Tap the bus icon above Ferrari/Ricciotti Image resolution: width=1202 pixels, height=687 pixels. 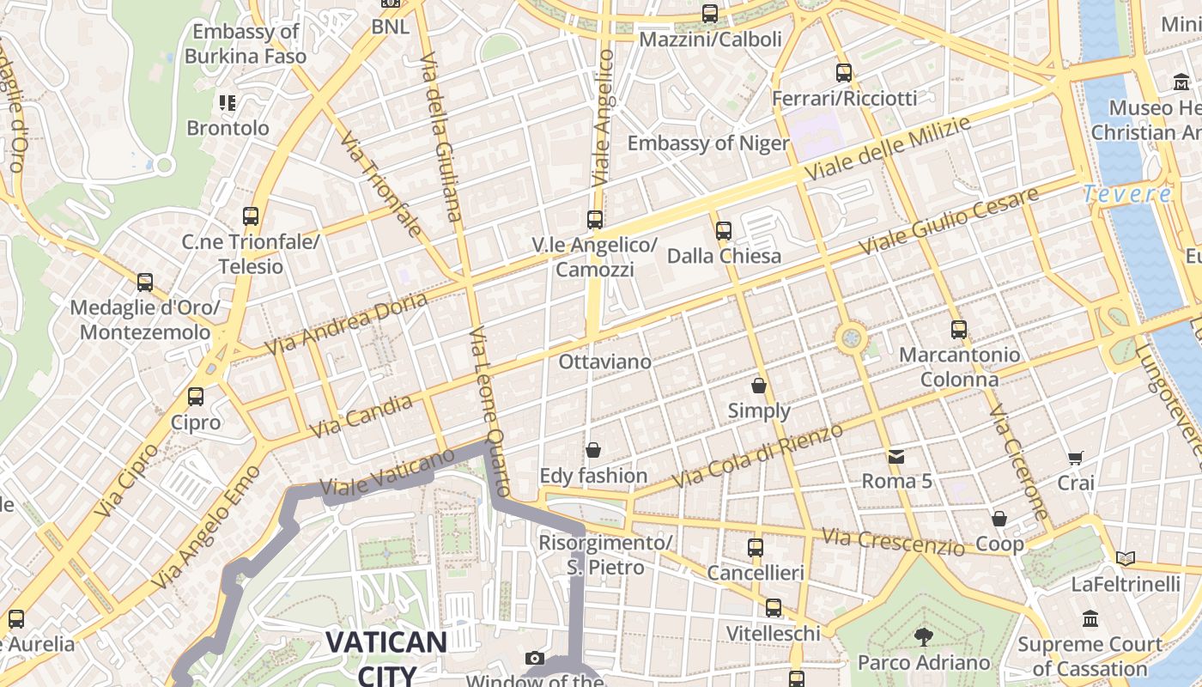click(x=844, y=73)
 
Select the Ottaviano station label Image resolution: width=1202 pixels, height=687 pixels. click(x=604, y=362)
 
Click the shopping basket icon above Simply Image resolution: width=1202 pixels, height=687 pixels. click(x=759, y=386)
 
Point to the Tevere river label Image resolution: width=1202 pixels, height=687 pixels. click(x=1126, y=194)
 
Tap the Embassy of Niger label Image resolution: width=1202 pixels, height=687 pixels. click(x=708, y=143)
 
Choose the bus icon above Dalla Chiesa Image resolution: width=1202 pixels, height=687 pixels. click(x=724, y=230)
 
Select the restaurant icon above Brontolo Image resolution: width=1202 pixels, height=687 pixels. click(x=228, y=104)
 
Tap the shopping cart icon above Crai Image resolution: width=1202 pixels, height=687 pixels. click(x=1076, y=459)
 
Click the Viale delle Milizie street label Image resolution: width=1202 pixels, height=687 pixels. click(x=888, y=149)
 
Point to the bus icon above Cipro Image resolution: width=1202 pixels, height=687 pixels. click(x=196, y=397)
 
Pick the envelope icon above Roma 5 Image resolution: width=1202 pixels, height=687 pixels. click(x=896, y=456)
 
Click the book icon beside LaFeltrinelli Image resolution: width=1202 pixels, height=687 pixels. click(x=1126, y=559)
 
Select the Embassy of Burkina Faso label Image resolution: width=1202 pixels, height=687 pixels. click(x=246, y=44)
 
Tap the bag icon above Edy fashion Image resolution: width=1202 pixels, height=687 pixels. click(x=593, y=450)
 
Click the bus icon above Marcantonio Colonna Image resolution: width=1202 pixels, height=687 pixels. click(x=959, y=330)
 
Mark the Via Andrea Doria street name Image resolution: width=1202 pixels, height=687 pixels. click(x=346, y=325)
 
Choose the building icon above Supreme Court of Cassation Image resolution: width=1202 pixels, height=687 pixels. click(x=1090, y=618)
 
